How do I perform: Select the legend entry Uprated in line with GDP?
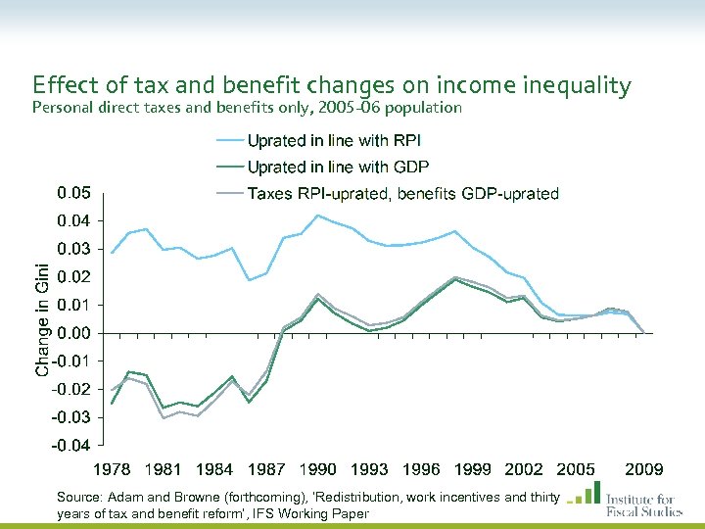[337, 168]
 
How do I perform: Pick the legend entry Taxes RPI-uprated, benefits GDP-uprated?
[402, 194]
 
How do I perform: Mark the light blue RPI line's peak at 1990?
[317, 216]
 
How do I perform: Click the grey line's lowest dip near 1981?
[164, 418]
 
